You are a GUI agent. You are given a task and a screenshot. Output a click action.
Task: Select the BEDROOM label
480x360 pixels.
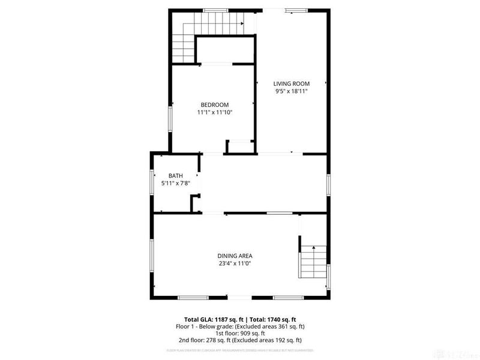click(x=214, y=104)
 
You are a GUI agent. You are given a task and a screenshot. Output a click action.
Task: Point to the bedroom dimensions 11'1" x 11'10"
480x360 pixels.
click(x=214, y=112)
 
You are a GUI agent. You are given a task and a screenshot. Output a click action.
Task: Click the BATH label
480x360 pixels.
click(x=175, y=176)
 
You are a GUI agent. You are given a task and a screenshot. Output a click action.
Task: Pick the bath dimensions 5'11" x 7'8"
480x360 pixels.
click(x=175, y=184)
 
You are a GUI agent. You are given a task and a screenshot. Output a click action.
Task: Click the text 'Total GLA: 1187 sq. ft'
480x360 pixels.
click(x=212, y=320)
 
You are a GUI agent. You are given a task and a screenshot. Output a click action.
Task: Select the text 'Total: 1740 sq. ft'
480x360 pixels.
click(x=274, y=320)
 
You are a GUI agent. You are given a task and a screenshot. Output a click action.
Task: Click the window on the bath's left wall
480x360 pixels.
click(x=151, y=182)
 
